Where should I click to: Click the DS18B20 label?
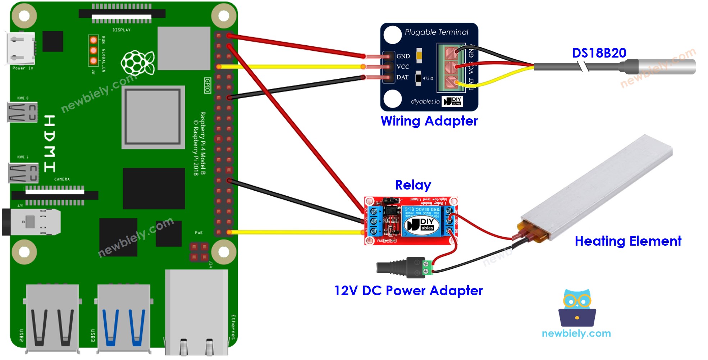[x=599, y=53]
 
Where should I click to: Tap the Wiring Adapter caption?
[x=429, y=121]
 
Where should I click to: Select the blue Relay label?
[x=413, y=185]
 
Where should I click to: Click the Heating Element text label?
[x=627, y=241]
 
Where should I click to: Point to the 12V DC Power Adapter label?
[x=408, y=291]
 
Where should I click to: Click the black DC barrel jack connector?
[x=396, y=268]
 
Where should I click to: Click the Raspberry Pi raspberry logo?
[x=138, y=63]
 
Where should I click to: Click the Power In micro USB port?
[x=21, y=49]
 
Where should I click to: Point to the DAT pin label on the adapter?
[x=402, y=77]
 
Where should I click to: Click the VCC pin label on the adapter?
[x=403, y=67]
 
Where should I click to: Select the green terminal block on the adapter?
[x=451, y=68]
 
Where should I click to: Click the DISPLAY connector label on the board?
[x=122, y=30]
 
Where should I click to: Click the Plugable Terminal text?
[x=436, y=32]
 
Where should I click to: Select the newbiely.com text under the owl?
[x=576, y=333]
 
